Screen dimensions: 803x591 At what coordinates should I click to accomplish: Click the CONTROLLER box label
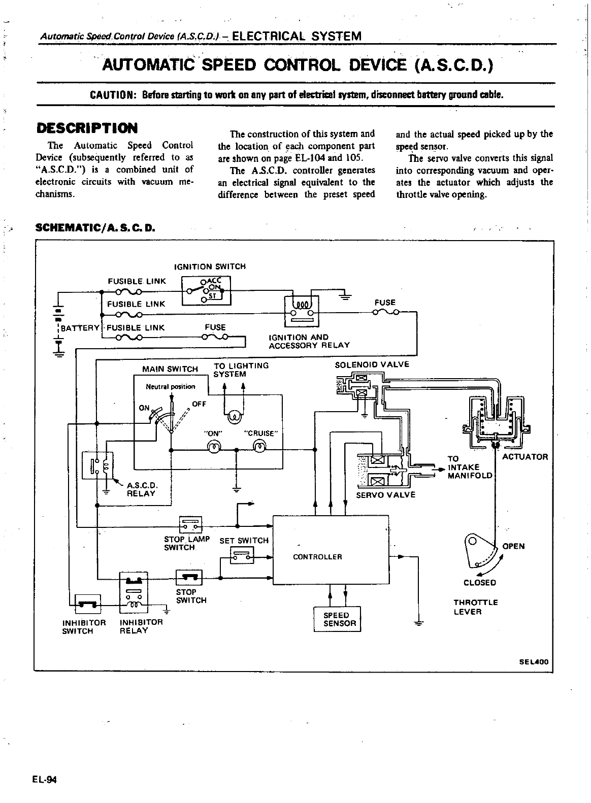coord(317,557)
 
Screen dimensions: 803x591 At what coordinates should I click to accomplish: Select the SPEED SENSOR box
coord(337,619)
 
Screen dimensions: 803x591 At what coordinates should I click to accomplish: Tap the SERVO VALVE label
coord(385,495)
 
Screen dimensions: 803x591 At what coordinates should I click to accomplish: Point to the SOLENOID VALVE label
coord(372,364)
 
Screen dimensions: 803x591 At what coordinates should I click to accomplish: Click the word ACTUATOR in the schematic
coord(525,457)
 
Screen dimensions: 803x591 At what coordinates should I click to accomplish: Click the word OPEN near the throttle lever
coord(513,547)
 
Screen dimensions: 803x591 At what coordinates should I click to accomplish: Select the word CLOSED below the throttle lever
coord(479,583)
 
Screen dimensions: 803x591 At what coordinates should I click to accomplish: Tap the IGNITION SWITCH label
coord(210,266)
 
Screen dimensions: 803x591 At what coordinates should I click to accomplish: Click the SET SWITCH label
coord(244,541)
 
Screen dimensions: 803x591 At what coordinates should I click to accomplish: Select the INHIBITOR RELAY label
coord(141,626)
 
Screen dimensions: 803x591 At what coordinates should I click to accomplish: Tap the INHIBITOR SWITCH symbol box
coord(88,604)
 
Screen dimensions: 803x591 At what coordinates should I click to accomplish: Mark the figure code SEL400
coord(534,662)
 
